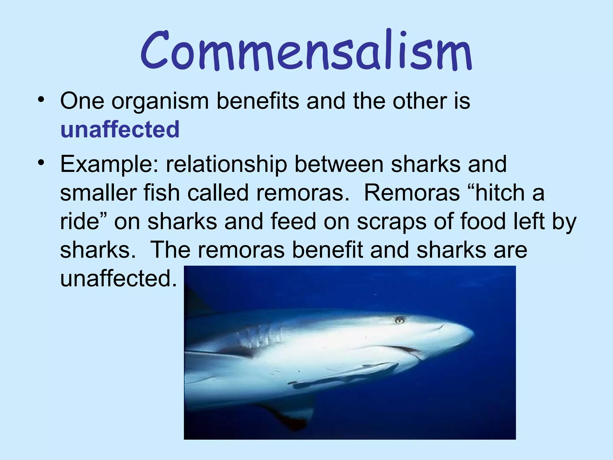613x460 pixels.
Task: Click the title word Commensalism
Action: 306,51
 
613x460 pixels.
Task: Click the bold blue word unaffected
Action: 120,129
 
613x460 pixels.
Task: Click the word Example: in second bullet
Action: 109,165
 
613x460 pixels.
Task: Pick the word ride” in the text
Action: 84,222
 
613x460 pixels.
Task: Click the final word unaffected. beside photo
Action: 119,279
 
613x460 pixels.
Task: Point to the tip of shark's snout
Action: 472,333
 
